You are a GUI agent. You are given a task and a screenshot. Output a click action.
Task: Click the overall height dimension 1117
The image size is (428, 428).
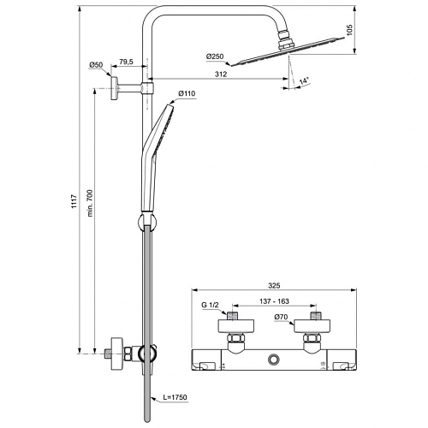click(74, 201)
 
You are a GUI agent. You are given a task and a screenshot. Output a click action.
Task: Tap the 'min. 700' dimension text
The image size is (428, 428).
click(90, 203)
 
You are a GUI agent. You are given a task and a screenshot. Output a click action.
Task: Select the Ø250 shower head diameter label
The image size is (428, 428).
click(215, 56)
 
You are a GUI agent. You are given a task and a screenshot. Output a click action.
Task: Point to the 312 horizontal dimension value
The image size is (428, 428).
click(221, 74)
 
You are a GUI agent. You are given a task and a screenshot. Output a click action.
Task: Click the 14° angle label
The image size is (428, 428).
click(305, 80)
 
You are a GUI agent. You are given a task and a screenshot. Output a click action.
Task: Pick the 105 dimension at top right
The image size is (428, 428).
click(350, 30)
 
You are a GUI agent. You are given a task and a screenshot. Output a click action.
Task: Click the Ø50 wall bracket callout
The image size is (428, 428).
click(96, 65)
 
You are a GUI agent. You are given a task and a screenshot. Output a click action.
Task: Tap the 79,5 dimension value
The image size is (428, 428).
click(126, 62)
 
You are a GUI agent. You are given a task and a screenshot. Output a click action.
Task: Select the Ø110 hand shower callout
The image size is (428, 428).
click(187, 93)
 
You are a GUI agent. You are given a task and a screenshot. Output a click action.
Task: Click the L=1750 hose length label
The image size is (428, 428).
click(175, 397)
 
